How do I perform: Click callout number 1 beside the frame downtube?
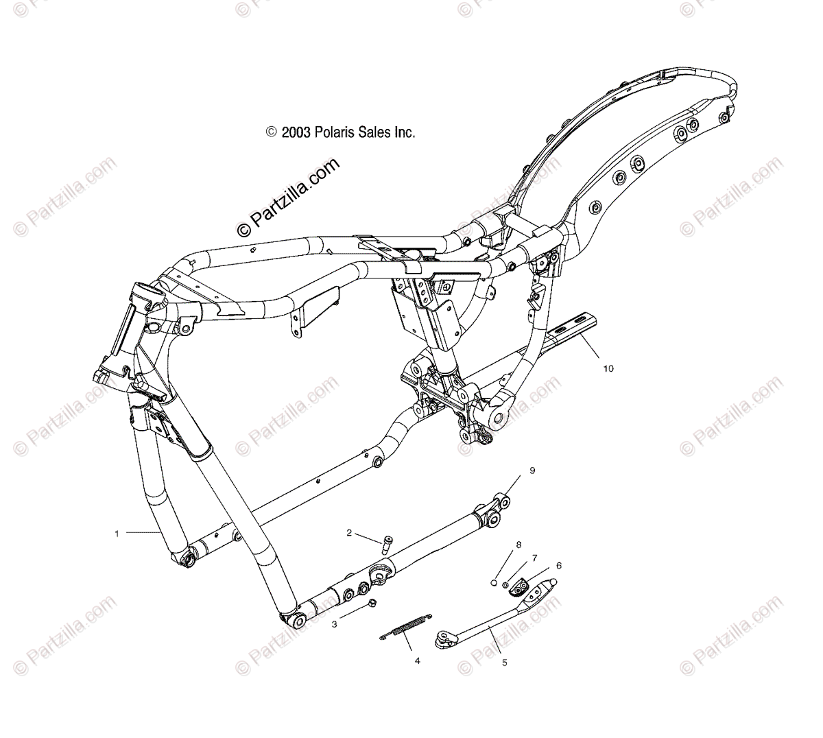(x=117, y=533)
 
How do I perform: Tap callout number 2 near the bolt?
(x=368, y=532)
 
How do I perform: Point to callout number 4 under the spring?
(x=416, y=661)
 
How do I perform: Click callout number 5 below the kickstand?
(x=505, y=663)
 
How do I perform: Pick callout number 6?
(x=558, y=565)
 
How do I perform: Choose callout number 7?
(x=534, y=558)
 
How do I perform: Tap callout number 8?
(x=518, y=545)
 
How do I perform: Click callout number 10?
(x=608, y=368)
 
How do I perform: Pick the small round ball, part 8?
(x=492, y=583)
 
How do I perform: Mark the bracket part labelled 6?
(x=523, y=585)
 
